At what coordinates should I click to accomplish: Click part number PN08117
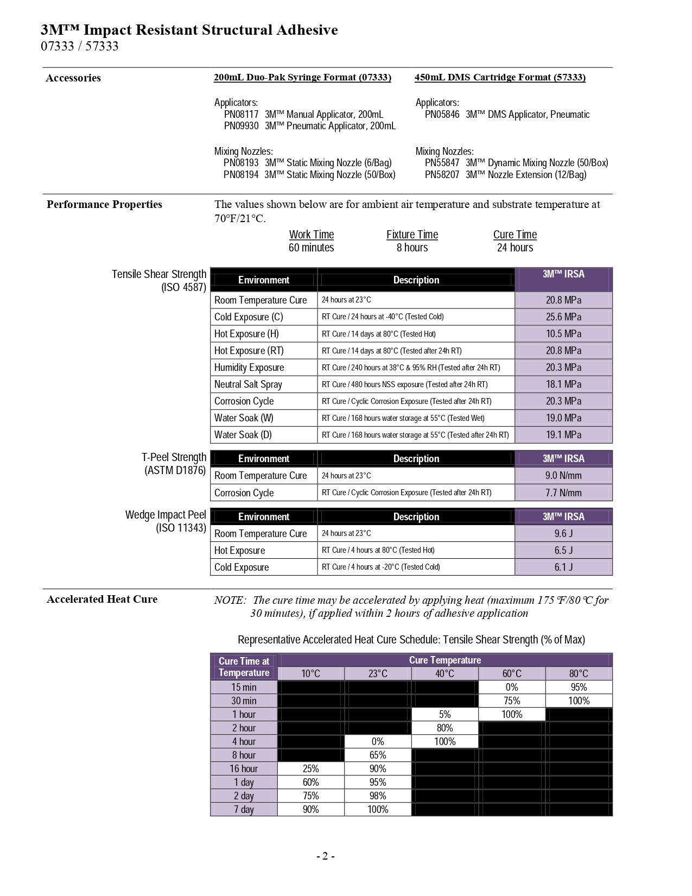[241, 115]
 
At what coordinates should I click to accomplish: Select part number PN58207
[442, 175]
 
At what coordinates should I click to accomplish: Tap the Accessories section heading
[73, 78]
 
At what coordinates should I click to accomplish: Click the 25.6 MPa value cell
[563, 317]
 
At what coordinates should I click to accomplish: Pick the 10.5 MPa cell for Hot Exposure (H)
[563, 334]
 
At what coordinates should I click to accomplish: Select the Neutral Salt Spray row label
[248, 384]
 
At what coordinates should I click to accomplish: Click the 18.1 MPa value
[563, 384]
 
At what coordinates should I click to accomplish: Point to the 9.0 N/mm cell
[563, 476]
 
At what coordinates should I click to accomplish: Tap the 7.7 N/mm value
[563, 493]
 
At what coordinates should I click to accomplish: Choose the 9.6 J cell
[563, 534]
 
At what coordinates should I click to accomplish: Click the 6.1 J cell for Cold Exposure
[563, 567]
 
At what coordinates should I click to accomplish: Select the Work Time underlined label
[311, 235]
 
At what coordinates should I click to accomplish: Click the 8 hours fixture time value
[412, 248]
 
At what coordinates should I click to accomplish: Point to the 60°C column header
[511, 674]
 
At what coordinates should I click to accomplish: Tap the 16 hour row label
[244, 769]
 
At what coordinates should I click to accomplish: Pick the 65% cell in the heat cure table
[378, 755]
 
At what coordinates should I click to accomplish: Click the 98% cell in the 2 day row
[378, 796]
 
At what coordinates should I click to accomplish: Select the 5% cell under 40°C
[445, 715]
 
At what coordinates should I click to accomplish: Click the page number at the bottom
[325, 856]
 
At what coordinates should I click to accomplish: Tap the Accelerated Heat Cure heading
[102, 600]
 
